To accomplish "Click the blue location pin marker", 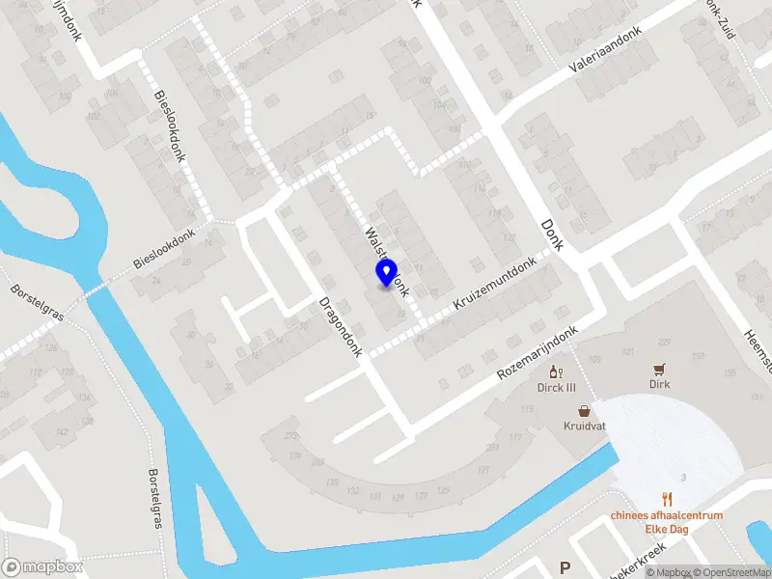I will coord(386,273).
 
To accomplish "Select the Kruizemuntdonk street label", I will coord(494,287).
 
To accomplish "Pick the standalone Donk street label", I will coord(552,234).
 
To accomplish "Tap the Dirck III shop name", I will coord(556,388).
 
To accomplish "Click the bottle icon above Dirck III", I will coord(555,372).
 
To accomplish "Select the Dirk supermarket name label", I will coord(659,384).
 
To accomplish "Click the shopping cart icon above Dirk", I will coord(659,369).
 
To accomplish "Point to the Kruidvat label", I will coord(585,426).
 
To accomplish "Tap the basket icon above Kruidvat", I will coord(585,410).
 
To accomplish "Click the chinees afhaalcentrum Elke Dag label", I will coord(667,522).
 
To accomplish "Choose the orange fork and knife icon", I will coord(667,499).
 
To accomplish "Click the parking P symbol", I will coord(565,568).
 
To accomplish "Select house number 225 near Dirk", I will coord(664,343).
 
